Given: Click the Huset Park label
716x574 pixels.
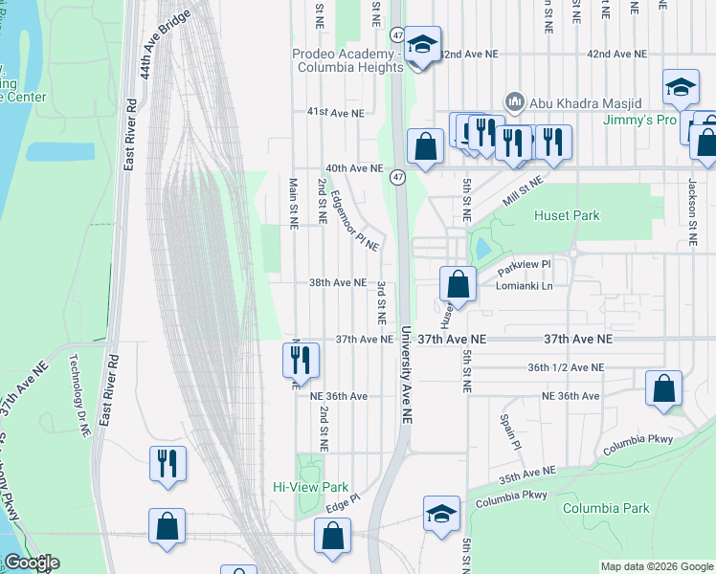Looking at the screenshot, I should click(x=566, y=216).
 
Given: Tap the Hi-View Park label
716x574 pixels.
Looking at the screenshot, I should click(x=308, y=486).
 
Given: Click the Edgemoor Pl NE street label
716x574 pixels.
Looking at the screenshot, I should click(x=354, y=221).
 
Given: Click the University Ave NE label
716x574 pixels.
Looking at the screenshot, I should click(x=406, y=373).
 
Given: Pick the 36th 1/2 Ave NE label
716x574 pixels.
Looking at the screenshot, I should click(x=566, y=367).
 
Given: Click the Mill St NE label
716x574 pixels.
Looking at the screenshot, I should click(x=524, y=191).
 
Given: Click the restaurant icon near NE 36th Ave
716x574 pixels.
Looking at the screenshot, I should click(x=301, y=360).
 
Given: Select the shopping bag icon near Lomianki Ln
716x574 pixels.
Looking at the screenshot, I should click(x=459, y=283).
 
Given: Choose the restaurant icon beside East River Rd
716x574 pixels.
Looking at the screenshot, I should click(x=168, y=463).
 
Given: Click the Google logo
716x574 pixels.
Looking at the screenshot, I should click(x=32, y=563).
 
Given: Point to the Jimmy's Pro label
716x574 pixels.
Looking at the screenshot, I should click(x=639, y=120).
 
